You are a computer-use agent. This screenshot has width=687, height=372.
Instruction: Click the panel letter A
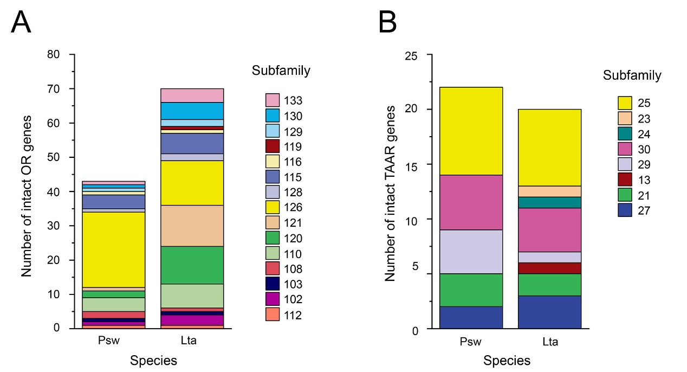tap(21, 23)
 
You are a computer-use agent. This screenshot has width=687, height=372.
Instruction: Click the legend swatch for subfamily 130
tap(272, 116)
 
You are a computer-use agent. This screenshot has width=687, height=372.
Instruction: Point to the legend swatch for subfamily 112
tap(272, 315)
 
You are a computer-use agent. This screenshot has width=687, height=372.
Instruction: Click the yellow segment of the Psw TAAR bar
tap(471, 131)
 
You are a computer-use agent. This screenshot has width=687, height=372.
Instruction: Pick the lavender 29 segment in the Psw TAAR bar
tap(471, 252)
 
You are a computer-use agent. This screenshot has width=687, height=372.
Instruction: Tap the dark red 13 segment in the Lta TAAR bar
tap(549, 268)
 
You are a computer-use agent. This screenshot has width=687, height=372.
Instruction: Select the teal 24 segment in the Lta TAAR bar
tap(549, 202)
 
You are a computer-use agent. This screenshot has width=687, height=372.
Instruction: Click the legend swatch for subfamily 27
tap(625, 210)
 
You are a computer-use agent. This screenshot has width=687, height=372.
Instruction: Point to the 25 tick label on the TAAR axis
tap(414, 55)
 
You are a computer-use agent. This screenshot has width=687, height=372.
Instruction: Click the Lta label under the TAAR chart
tap(549, 342)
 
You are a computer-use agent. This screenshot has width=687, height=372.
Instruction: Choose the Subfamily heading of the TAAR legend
tap(632, 75)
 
